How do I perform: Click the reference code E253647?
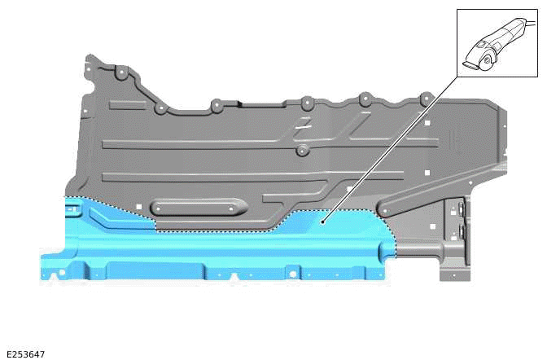(x=24, y=354)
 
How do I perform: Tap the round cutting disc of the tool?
(x=489, y=59)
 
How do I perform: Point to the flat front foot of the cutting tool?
(x=470, y=61)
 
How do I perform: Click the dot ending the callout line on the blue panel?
(x=323, y=220)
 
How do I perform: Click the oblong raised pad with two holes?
(x=198, y=209)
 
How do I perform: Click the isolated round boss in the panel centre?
(x=302, y=151)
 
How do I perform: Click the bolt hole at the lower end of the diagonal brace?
(x=384, y=211)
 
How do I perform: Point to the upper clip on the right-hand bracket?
(x=462, y=209)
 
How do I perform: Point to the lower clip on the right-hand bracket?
(x=462, y=232)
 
